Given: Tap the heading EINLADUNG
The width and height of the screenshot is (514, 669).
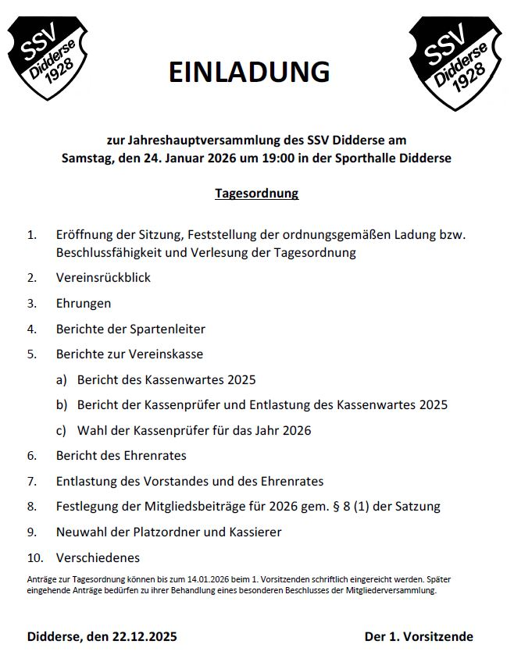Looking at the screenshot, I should coord(249,72).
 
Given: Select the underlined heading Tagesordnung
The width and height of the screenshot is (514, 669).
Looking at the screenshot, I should coord(256,193).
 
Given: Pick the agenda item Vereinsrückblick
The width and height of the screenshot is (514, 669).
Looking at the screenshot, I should coord(103,277).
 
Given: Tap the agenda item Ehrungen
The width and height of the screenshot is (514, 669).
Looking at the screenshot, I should coord(84,303).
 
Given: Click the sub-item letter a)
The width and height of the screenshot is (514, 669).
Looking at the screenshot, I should coord(61,380).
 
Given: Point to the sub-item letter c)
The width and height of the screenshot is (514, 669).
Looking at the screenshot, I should coord(61,430).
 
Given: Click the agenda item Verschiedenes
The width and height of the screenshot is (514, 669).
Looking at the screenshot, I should coord(98,557).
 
